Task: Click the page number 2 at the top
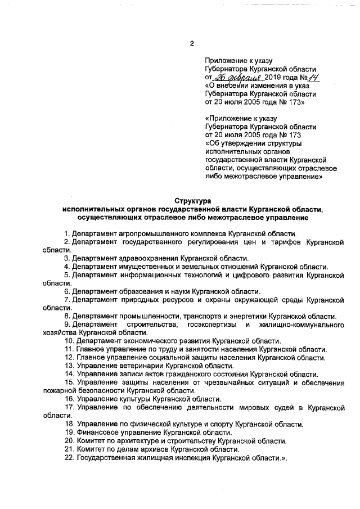click(192, 44)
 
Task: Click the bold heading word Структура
click(192, 200)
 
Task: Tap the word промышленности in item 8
click(150, 316)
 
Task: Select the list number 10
click(68, 341)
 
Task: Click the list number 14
click(68, 374)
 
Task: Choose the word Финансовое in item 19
click(96, 432)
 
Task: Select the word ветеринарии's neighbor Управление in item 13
click(95, 366)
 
